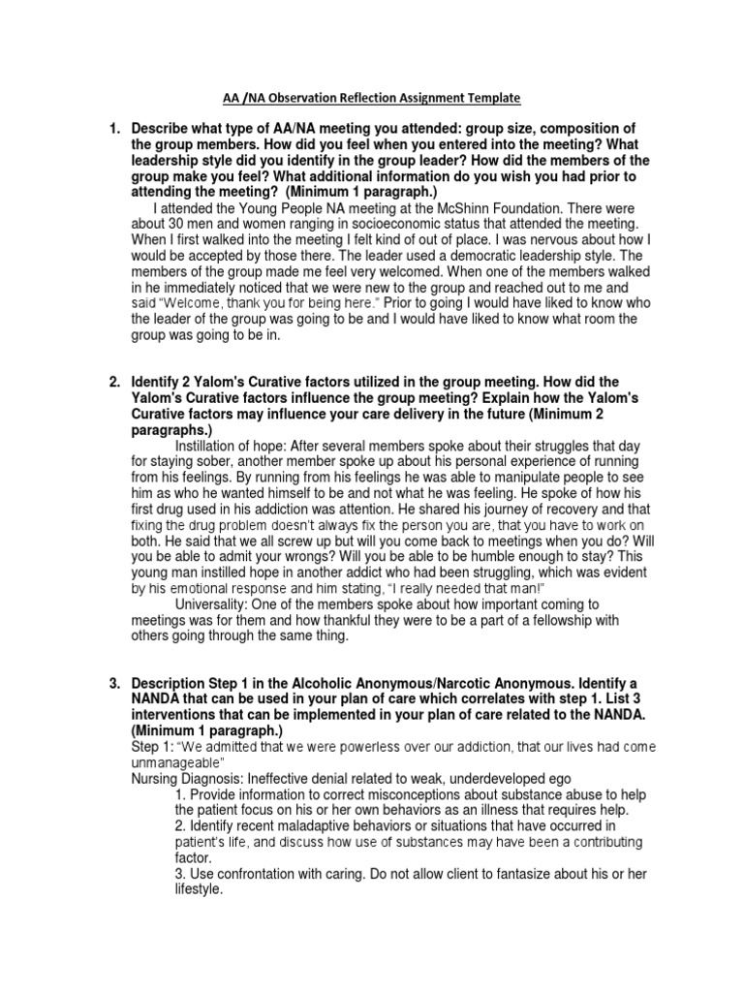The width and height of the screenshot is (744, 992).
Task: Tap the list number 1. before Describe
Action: coord(113,129)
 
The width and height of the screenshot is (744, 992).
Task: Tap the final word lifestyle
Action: coord(199,888)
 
